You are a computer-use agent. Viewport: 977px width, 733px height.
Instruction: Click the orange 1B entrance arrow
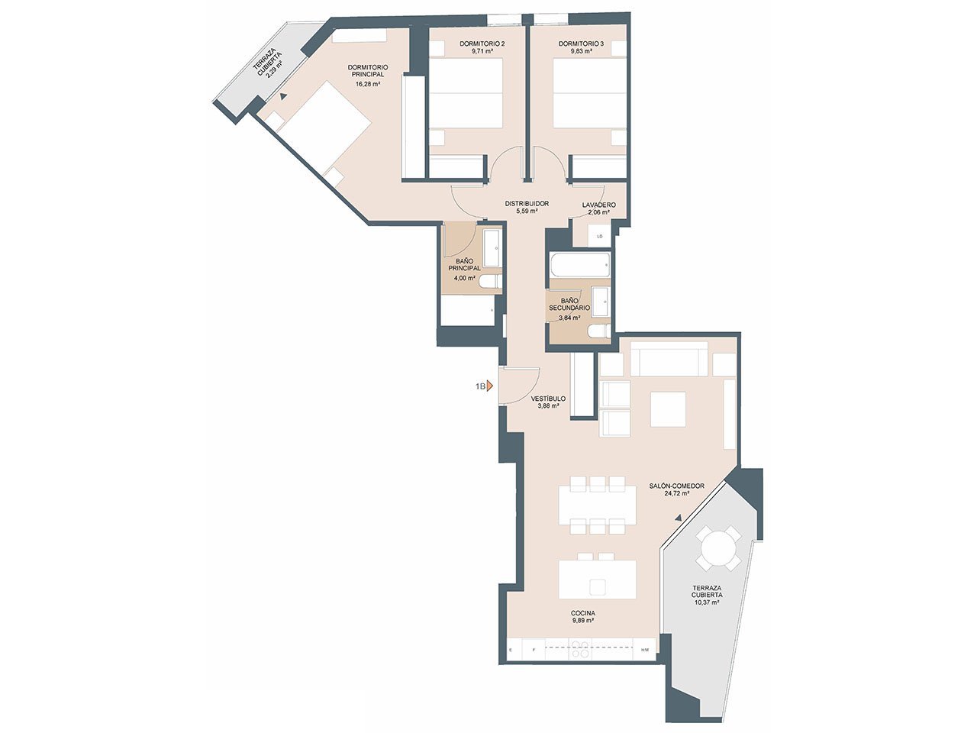489,386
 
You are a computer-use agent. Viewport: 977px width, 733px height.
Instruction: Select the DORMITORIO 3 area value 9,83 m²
582,51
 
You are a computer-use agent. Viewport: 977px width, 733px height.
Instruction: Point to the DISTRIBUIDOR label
527,203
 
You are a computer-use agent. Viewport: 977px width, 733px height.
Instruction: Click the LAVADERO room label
598,205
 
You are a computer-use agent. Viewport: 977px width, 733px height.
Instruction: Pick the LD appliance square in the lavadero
599,237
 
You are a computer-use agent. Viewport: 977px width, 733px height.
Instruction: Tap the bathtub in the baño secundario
580,265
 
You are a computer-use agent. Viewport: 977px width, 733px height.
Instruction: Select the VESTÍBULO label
548,399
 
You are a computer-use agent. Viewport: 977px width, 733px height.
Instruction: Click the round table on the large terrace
718,548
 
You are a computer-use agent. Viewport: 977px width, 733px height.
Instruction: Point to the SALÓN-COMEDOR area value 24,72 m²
676,493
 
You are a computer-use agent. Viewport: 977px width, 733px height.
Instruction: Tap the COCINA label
583,613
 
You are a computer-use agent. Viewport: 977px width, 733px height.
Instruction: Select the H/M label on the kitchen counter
645,650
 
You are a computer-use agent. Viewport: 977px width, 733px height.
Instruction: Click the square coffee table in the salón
668,409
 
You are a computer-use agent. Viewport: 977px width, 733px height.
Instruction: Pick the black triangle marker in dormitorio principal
282,95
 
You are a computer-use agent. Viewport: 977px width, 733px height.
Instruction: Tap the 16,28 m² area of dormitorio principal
368,83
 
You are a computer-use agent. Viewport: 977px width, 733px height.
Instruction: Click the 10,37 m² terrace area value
707,602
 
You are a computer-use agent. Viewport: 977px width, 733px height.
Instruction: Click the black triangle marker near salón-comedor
678,518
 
